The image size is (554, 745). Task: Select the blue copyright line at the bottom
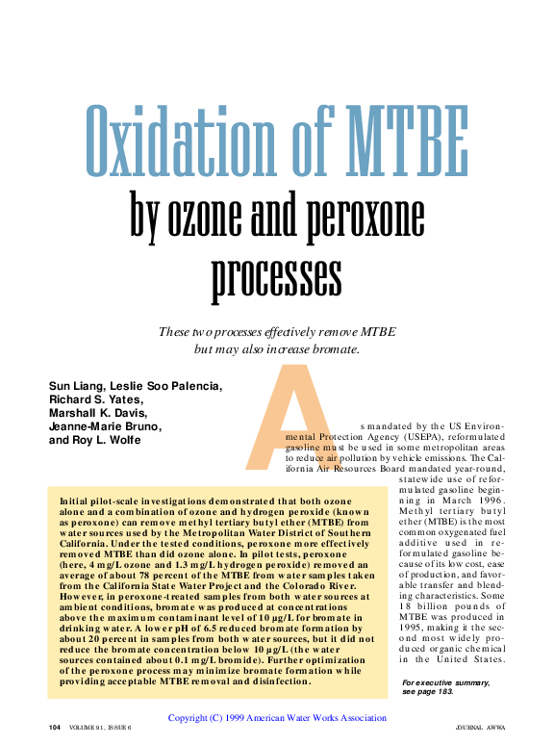pyautogui.click(x=277, y=717)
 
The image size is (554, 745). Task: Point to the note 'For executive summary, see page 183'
pyautogui.click(x=445, y=687)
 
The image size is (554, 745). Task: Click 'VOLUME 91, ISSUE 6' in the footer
pyautogui.click(x=100, y=728)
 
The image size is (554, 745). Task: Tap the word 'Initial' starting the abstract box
pyautogui.click(x=77, y=501)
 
